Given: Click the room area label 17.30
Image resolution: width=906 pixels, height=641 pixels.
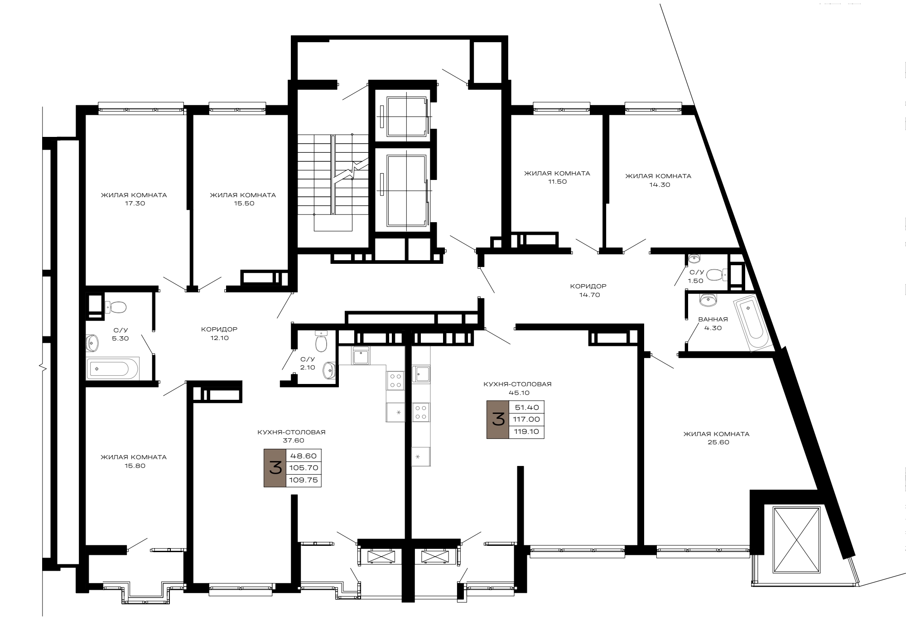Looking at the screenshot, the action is (135, 204).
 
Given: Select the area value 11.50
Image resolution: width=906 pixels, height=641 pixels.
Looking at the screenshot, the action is (557, 182).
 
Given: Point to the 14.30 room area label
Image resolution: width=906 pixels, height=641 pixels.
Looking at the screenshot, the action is (660, 185).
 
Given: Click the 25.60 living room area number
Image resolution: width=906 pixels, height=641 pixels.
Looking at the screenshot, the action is (718, 442).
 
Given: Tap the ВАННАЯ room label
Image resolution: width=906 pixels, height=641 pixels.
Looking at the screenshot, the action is (713, 320).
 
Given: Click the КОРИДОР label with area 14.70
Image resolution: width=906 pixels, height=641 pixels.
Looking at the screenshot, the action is (588, 287).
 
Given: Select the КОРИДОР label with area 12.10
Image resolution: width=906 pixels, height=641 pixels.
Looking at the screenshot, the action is (219, 330).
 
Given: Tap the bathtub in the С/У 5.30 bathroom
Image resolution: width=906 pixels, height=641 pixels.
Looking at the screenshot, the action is (112, 369).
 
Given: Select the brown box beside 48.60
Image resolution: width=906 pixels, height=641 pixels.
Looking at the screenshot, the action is (275, 468).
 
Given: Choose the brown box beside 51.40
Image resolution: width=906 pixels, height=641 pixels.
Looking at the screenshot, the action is (498, 420).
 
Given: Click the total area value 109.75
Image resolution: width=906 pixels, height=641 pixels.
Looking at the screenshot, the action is (304, 480).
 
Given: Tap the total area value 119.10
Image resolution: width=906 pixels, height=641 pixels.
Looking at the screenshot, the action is (527, 432).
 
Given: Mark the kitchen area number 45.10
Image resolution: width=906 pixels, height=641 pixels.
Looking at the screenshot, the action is (519, 393).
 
